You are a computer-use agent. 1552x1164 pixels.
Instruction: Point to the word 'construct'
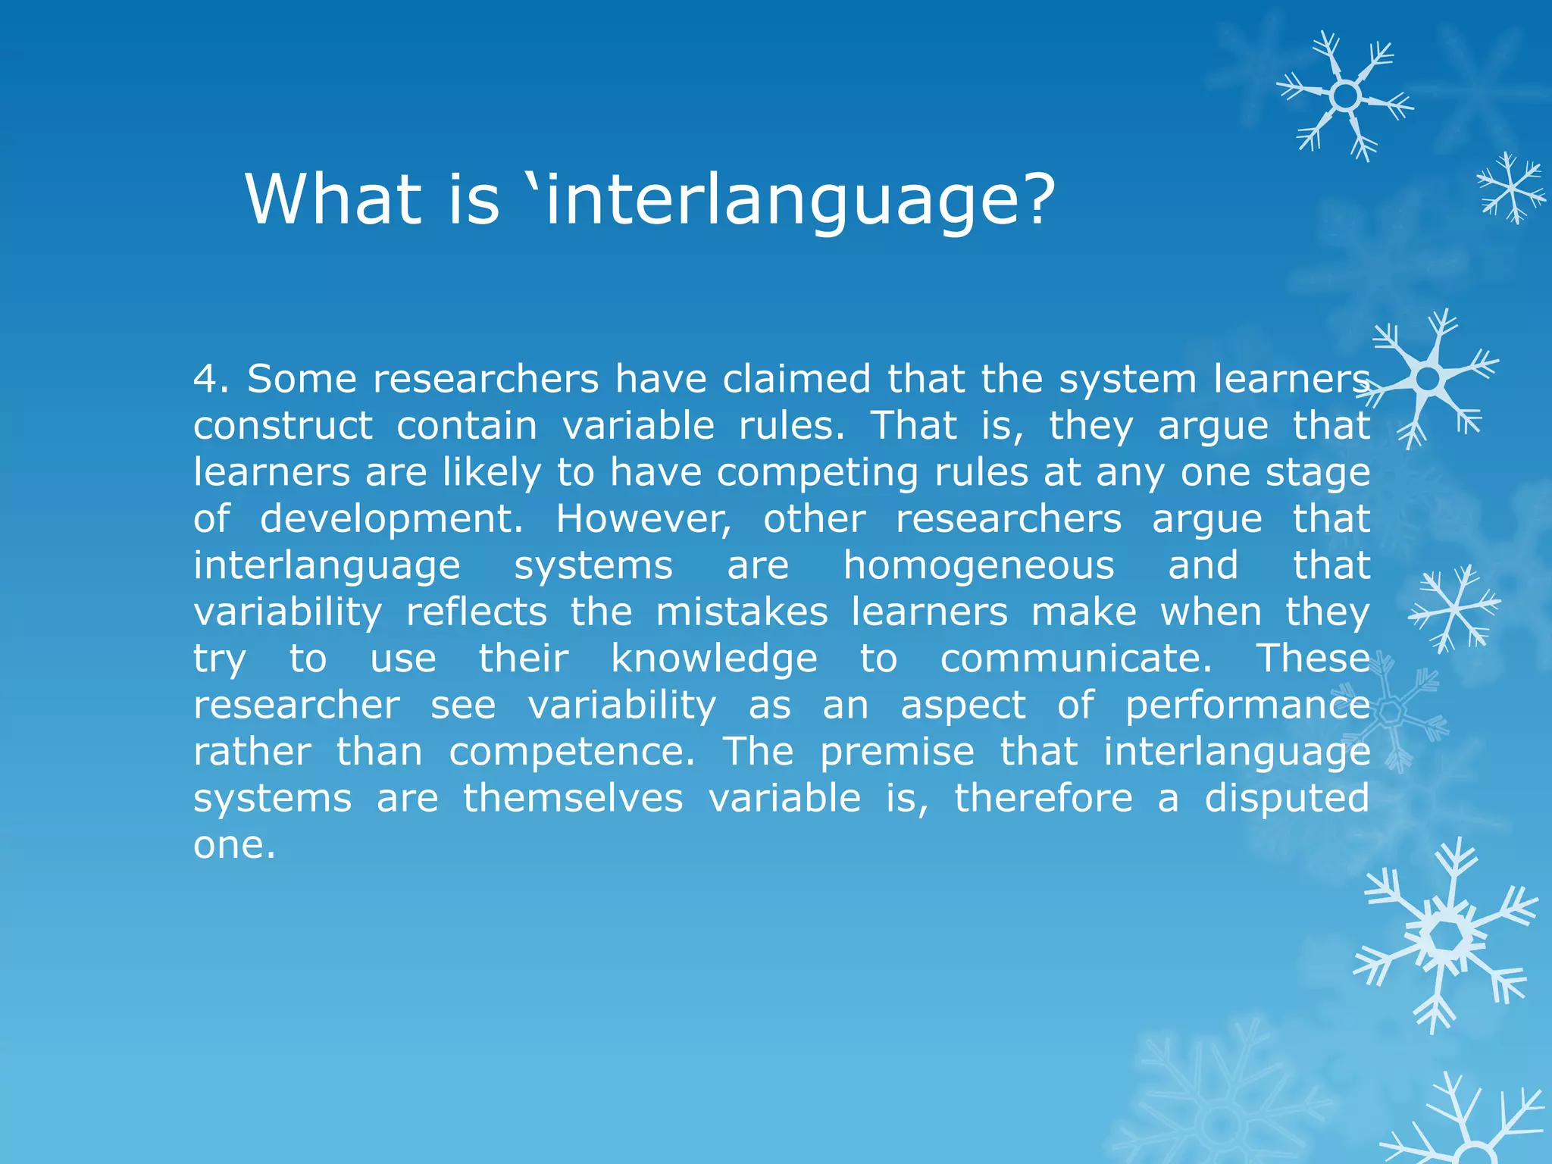(283, 426)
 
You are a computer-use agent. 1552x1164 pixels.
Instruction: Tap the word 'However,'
(644, 520)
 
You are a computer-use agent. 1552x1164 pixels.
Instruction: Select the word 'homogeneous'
(978, 566)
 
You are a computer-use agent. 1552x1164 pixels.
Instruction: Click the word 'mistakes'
(742, 612)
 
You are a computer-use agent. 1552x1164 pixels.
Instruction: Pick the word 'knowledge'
(714, 659)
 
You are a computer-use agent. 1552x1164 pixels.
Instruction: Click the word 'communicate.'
(1076, 659)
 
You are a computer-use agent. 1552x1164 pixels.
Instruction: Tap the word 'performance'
(1247, 706)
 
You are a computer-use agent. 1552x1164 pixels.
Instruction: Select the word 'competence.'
(571, 753)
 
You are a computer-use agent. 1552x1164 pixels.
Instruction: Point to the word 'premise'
(897, 753)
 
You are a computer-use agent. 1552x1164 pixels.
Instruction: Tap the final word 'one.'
(234, 846)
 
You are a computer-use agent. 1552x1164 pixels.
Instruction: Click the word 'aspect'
(962, 706)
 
